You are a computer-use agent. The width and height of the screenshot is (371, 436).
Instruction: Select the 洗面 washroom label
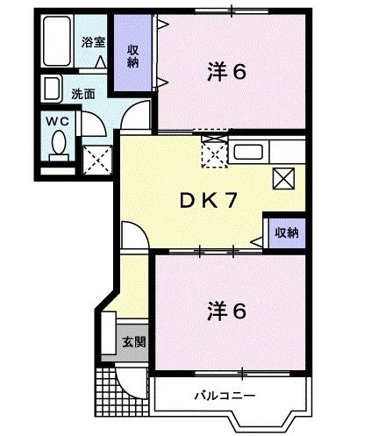click(84, 93)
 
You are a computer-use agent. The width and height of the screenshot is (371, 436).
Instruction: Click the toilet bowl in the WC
click(59, 145)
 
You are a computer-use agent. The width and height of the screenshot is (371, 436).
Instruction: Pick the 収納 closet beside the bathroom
click(132, 55)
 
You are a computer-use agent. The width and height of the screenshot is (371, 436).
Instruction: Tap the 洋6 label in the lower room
click(225, 311)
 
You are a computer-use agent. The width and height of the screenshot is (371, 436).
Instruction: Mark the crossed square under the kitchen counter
click(284, 178)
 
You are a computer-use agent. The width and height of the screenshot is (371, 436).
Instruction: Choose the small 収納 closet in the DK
click(286, 232)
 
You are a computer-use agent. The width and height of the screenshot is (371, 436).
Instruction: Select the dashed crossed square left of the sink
click(213, 151)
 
